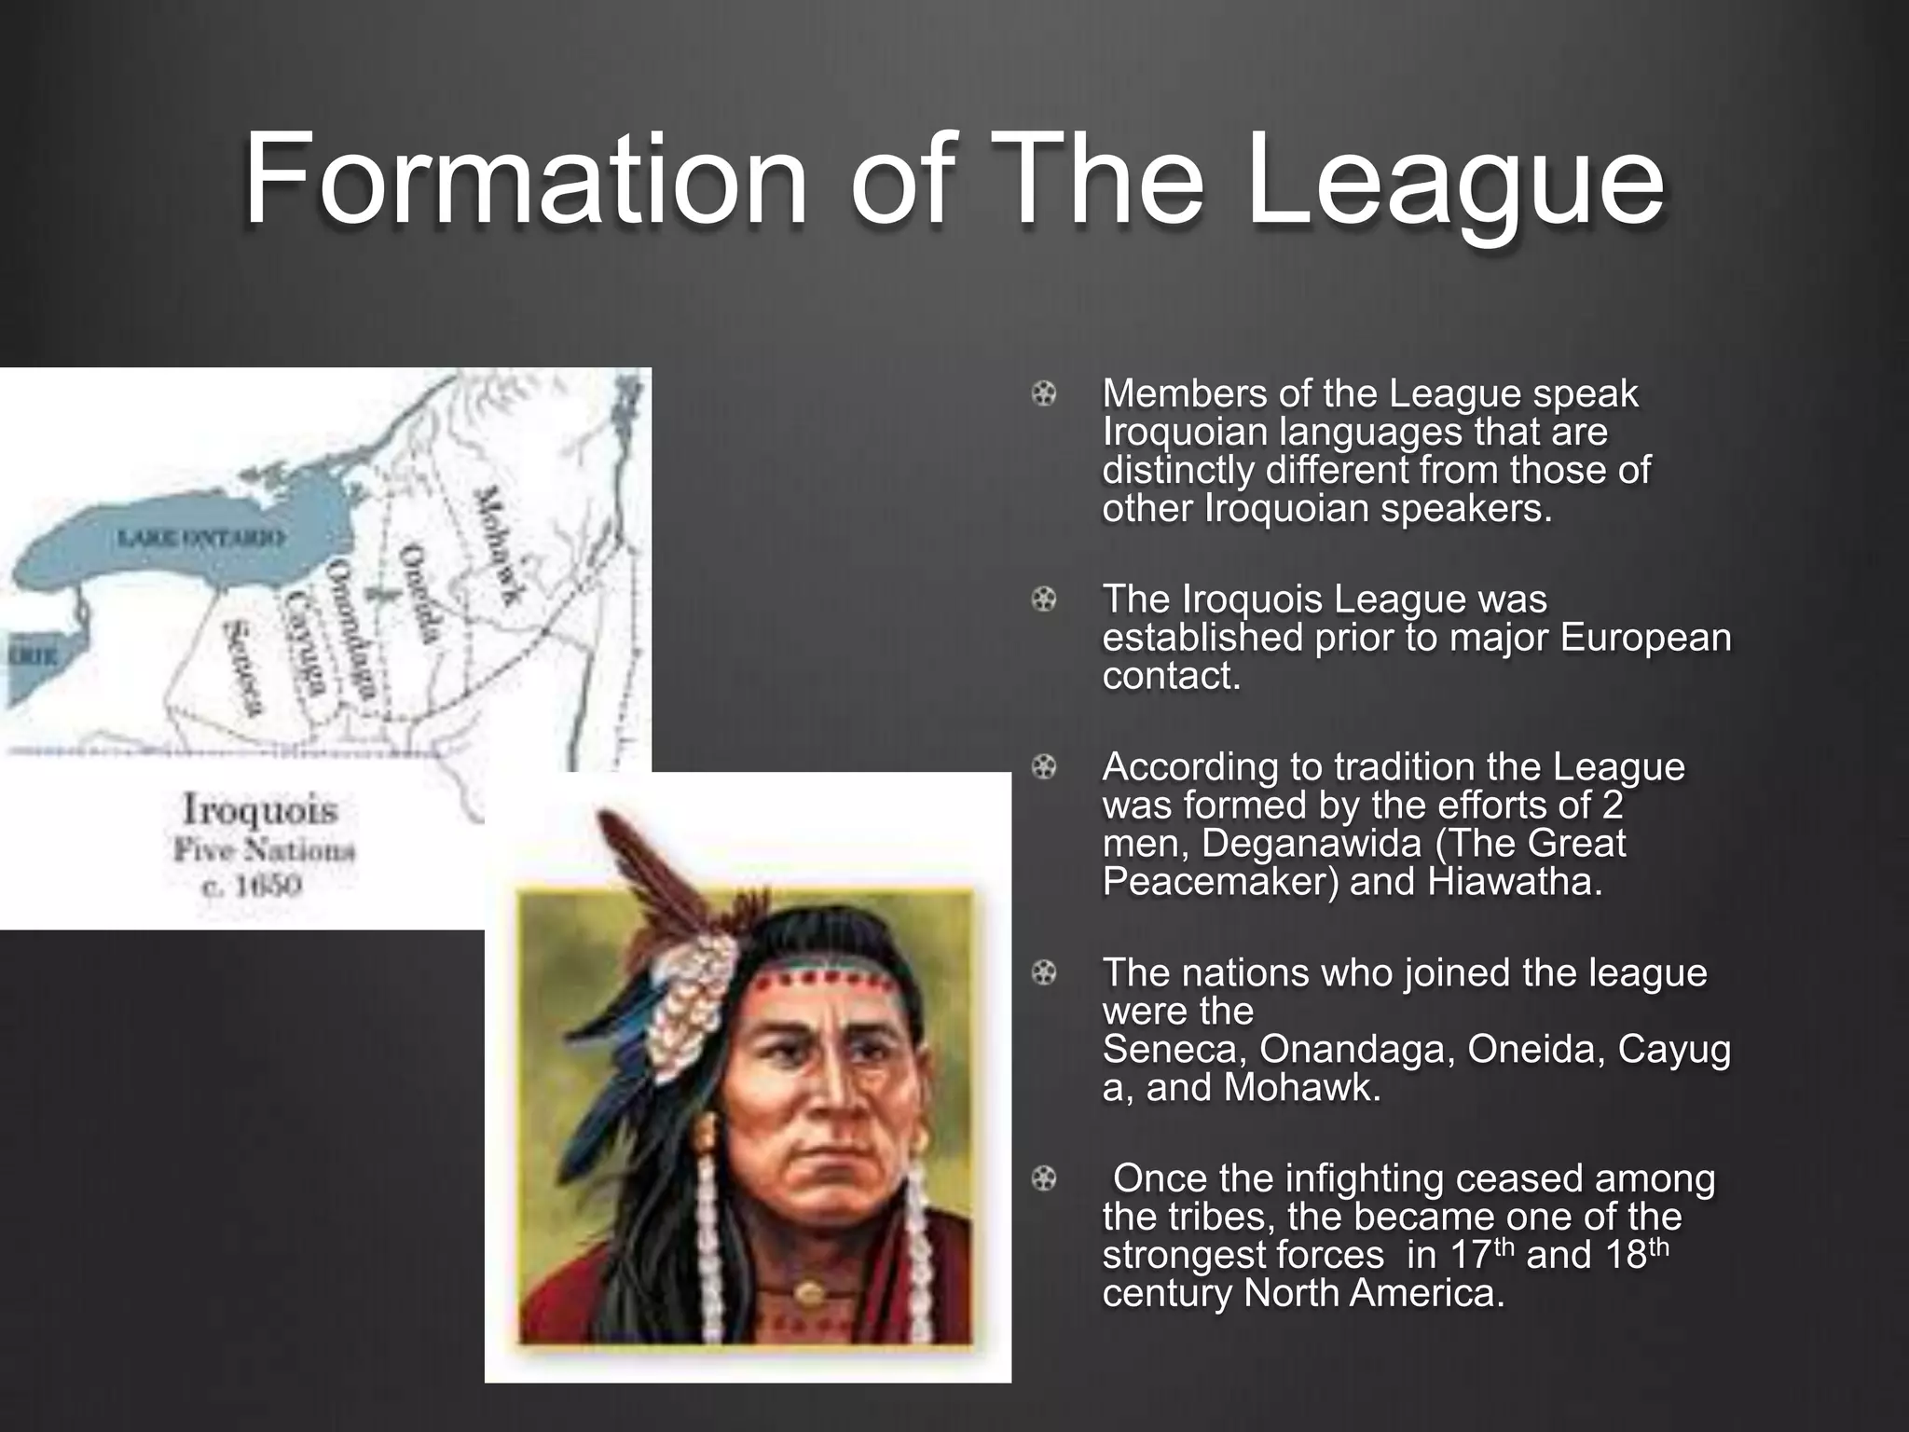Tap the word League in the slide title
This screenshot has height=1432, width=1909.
pos(1454,182)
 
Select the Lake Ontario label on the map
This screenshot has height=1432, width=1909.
pos(199,538)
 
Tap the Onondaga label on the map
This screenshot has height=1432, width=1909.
pos(352,630)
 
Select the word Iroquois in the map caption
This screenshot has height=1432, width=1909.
pos(260,809)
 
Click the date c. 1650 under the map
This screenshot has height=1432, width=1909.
pos(252,885)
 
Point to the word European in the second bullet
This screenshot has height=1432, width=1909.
pos(1645,638)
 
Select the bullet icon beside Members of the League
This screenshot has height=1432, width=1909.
pos(1044,394)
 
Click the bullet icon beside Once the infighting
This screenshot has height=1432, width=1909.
pos(1044,1179)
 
